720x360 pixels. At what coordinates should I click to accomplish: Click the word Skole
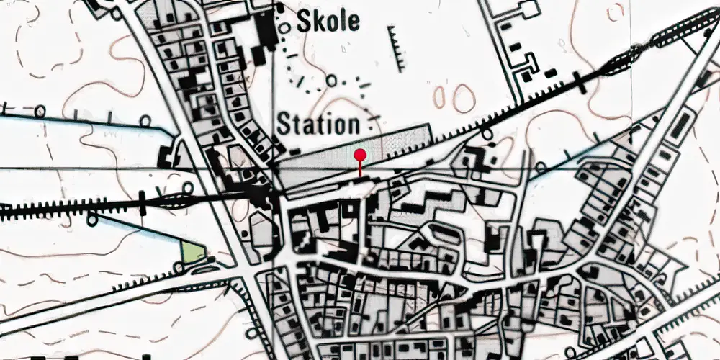(x=328, y=22)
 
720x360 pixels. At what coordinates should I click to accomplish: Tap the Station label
(x=318, y=125)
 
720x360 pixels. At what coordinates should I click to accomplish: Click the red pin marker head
(x=360, y=155)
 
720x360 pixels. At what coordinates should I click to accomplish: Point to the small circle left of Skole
(x=285, y=27)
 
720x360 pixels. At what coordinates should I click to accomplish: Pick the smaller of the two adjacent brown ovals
(x=438, y=96)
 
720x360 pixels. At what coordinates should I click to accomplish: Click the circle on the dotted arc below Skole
(x=330, y=81)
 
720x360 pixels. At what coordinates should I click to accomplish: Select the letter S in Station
(x=283, y=125)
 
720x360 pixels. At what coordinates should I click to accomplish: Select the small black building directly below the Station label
(x=295, y=150)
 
